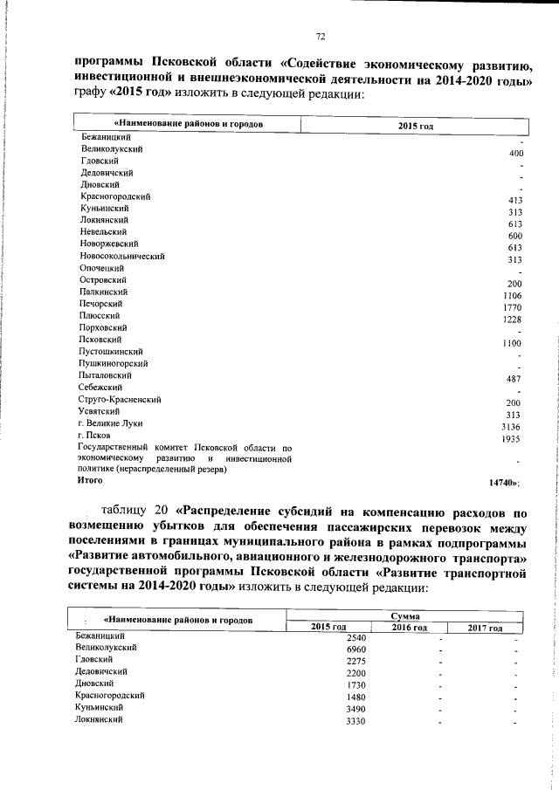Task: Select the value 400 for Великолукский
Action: [514, 154]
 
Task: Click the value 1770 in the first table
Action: [512, 308]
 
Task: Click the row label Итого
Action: [90, 479]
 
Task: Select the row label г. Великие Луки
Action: [109, 422]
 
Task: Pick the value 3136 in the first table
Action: [512, 427]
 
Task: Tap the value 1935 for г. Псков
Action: [512, 439]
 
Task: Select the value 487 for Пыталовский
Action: [514, 379]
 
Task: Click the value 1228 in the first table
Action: [512, 320]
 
